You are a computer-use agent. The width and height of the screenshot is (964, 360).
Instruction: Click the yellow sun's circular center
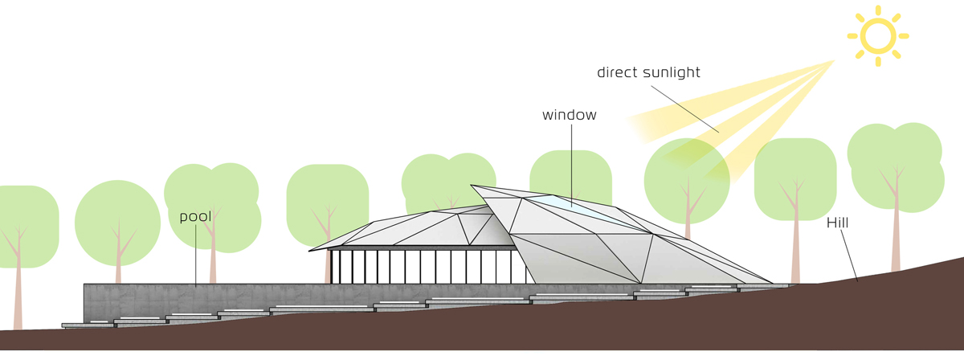[878, 36]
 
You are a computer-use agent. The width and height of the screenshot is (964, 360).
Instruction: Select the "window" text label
[570, 115]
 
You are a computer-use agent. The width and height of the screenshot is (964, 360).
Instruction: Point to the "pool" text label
[195, 217]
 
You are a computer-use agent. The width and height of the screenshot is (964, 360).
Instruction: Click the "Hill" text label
[837, 223]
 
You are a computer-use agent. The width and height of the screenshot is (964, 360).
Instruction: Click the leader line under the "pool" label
[196, 256]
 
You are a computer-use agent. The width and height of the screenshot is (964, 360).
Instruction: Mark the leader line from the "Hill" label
[849, 256]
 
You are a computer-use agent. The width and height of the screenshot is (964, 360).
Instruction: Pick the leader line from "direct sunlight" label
[684, 109]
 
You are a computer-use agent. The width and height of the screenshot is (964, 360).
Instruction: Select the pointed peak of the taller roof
[472, 186]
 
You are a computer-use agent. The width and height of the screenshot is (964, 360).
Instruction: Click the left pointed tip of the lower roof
[310, 251]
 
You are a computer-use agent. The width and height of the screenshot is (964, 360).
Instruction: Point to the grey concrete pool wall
[215, 301]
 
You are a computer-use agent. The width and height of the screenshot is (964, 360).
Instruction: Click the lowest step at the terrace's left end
[88, 325]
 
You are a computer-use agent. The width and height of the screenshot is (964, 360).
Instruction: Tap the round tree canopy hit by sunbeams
[687, 181]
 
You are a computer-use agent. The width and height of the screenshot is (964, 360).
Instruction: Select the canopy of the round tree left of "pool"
[117, 223]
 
